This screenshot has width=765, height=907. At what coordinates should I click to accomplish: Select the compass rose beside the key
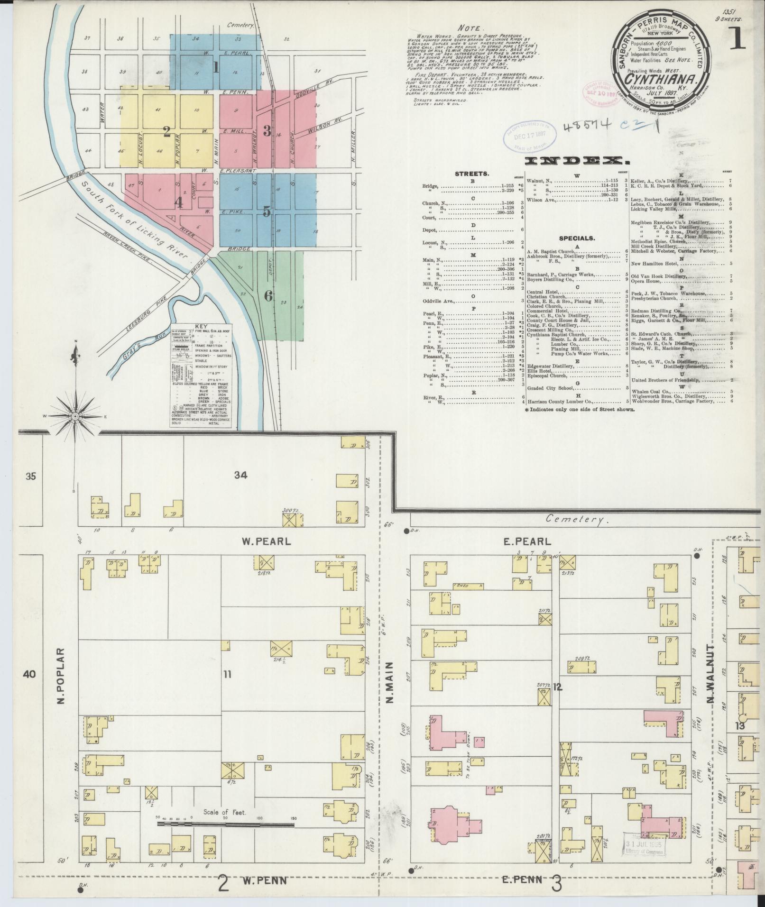[x=75, y=416]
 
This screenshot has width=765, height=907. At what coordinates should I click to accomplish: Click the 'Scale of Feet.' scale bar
[x=225, y=825]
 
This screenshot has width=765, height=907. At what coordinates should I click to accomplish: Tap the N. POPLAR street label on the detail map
[x=61, y=674]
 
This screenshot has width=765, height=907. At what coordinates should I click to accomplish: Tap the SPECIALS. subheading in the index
[x=577, y=238]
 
